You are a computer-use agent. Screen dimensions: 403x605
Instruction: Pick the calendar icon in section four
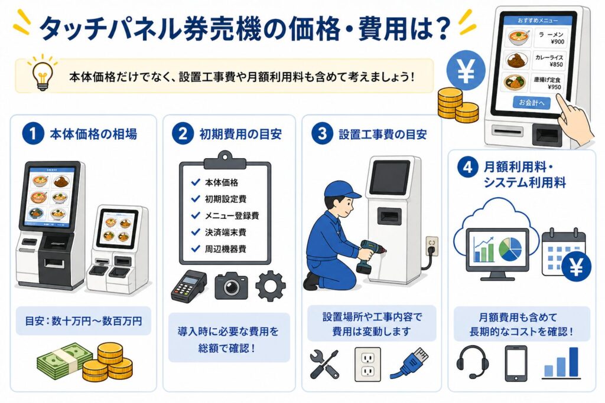pos(563,251)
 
